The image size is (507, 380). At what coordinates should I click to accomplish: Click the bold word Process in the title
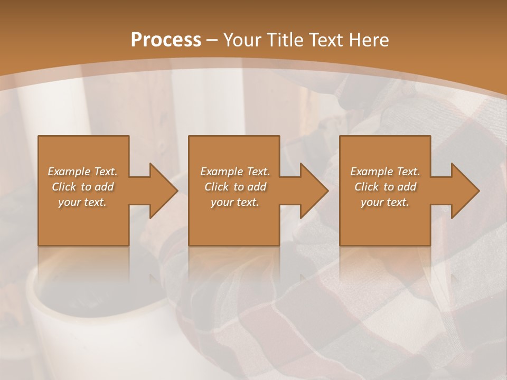166,40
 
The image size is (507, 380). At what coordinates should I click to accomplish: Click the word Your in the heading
243,40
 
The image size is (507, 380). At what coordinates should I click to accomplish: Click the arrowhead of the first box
161,191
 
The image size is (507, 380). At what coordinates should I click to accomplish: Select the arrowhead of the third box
463,191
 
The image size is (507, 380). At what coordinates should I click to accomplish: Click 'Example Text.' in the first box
82,172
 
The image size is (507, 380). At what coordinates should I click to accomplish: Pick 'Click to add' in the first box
82,187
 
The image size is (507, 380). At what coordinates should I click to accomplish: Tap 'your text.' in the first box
82,202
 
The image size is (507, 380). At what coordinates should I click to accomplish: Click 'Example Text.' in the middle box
235,172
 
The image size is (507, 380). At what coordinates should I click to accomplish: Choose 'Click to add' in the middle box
235,187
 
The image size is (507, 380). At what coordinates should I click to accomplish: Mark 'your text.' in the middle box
235,202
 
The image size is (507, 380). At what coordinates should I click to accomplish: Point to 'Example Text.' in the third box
385,172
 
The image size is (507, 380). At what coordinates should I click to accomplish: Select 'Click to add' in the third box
385,187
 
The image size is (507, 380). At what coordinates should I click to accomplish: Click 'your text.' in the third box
385,202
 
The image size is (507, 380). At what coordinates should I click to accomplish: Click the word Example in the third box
371,172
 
